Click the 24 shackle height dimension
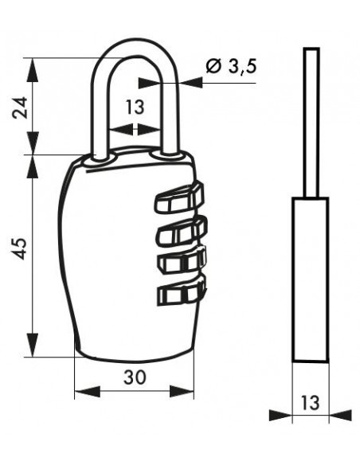pyautogui.click(x=20, y=107)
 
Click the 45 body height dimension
pyautogui.click(x=20, y=248)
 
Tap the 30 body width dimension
pyautogui.click(x=135, y=377)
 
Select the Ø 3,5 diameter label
pyautogui.click(x=231, y=66)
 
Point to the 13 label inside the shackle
pyautogui.click(x=135, y=107)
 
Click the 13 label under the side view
pyautogui.click(x=311, y=402)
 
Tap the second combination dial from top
pyautogui.click(x=182, y=231)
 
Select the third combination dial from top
pyautogui.click(x=182, y=260)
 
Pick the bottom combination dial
pyautogui.click(x=182, y=291)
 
